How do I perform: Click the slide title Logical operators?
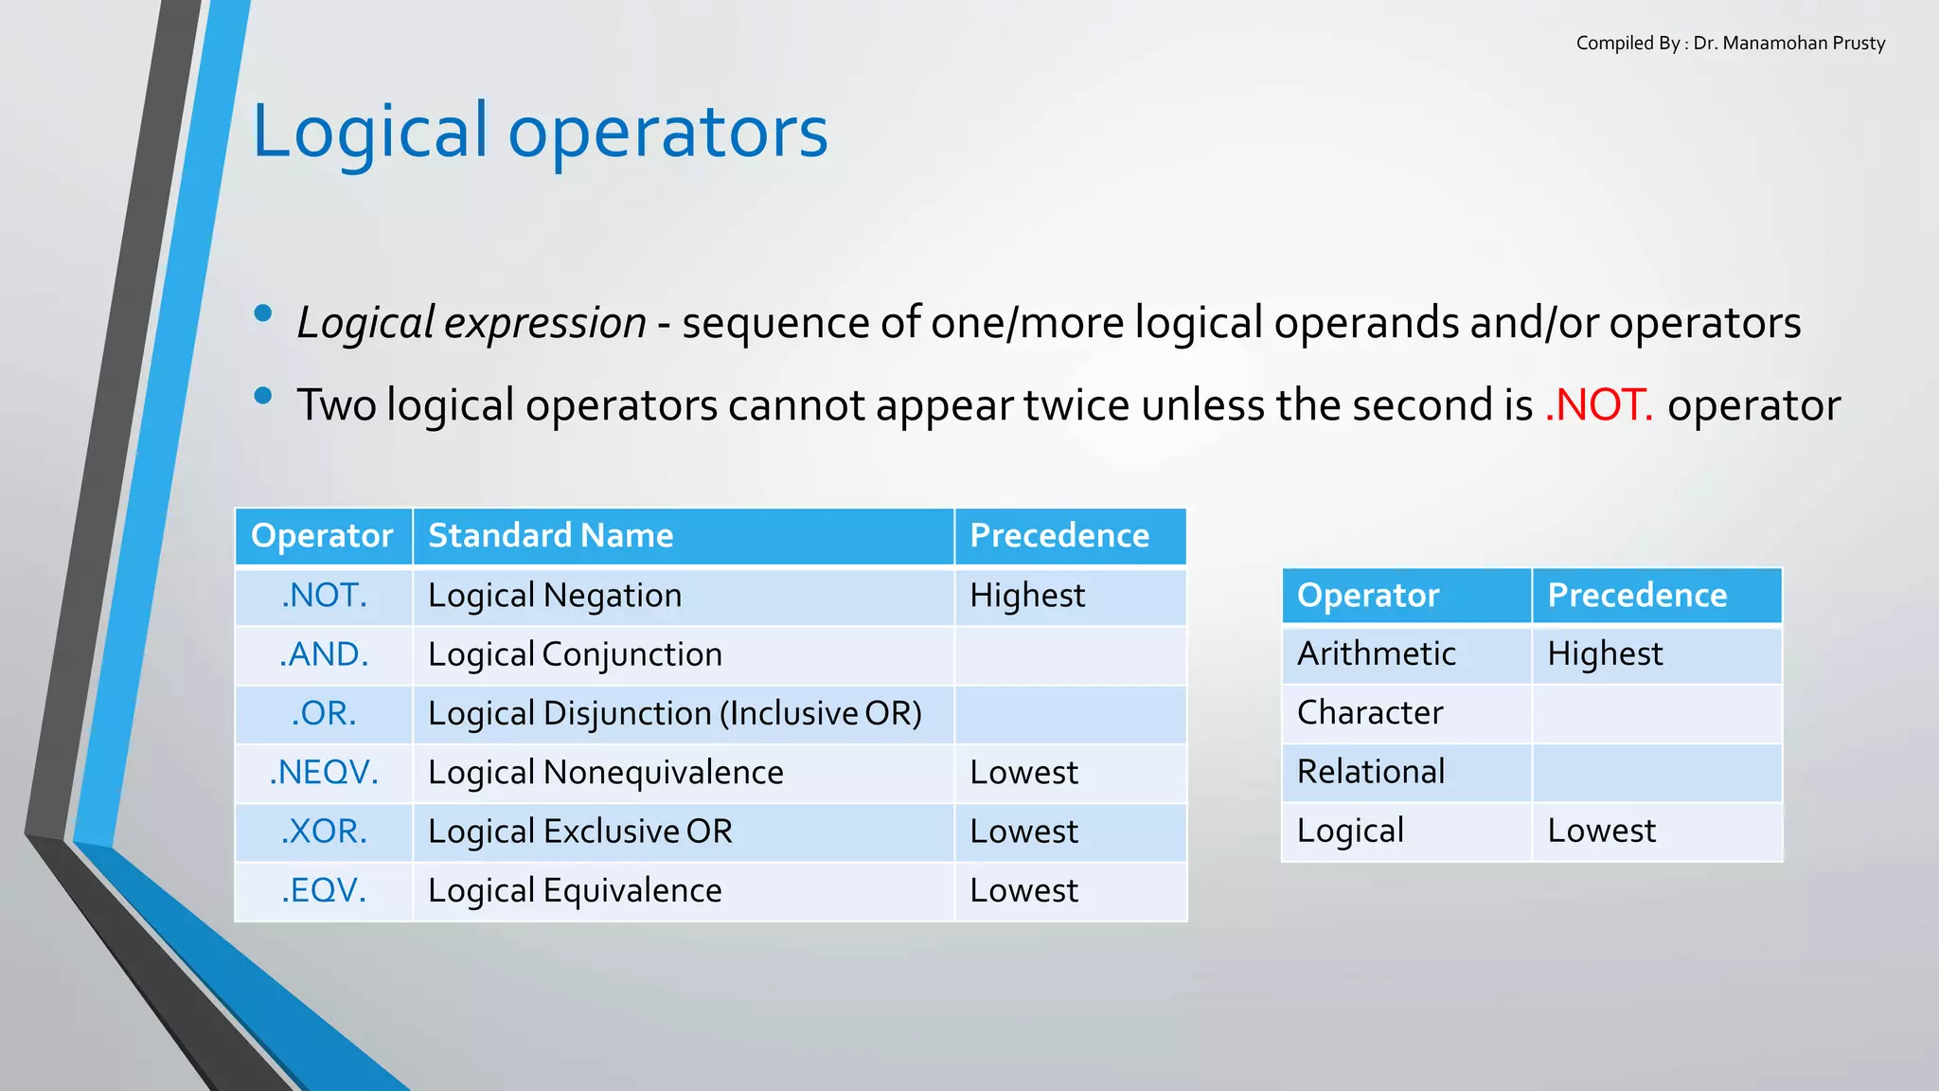point(540,131)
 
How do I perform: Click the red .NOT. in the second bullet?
point(1598,405)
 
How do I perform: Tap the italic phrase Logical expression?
point(471,323)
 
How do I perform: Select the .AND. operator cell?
point(324,654)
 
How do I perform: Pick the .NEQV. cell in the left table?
point(324,773)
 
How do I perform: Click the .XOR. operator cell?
point(324,832)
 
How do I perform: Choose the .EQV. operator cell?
point(324,890)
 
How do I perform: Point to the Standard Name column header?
point(550,536)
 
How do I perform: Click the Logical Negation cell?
point(555,596)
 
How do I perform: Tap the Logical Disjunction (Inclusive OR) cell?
point(674,713)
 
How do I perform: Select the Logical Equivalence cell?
point(575,890)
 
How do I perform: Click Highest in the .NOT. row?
point(1027,596)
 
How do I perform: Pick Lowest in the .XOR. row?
point(1023,832)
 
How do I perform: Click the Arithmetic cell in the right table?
point(1376,653)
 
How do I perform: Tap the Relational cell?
point(1370,772)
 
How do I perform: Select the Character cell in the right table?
point(1369,712)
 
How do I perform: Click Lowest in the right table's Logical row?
point(1601,831)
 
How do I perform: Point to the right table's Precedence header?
point(1637,596)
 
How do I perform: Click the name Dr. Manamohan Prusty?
point(1788,44)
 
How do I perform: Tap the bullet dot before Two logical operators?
point(263,396)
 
